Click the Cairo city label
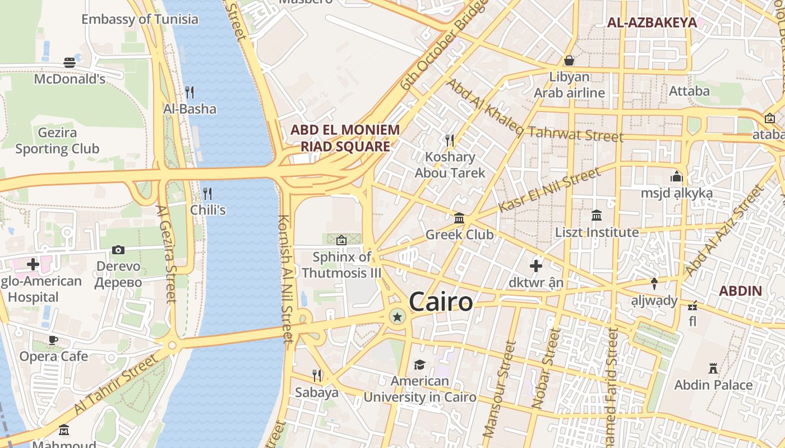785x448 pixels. (x=441, y=302)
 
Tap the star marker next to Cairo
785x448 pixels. (x=398, y=318)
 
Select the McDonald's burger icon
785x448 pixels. (x=70, y=62)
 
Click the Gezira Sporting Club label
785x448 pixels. (x=57, y=141)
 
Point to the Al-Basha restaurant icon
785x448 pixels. (x=190, y=92)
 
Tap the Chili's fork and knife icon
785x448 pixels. (x=207, y=194)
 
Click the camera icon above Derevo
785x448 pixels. (x=118, y=250)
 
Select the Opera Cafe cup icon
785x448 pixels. (x=53, y=340)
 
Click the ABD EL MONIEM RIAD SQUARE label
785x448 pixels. (x=345, y=138)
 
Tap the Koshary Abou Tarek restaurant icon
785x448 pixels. (x=449, y=140)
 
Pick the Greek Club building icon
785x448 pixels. (x=459, y=218)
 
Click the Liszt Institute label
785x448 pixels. (x=597, y=232)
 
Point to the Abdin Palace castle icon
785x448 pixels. (x=713, y=368)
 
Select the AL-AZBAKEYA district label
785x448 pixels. (x=652, y=23)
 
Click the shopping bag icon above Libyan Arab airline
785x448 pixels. (x=569, y=60)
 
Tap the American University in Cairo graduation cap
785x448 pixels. (x=419, y=365)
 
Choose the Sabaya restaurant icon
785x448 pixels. (x=317, y=376)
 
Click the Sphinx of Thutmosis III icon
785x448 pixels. (x=341, y=240)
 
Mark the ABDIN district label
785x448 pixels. (x=740, y=291)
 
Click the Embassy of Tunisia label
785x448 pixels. (x=140, y=19)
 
